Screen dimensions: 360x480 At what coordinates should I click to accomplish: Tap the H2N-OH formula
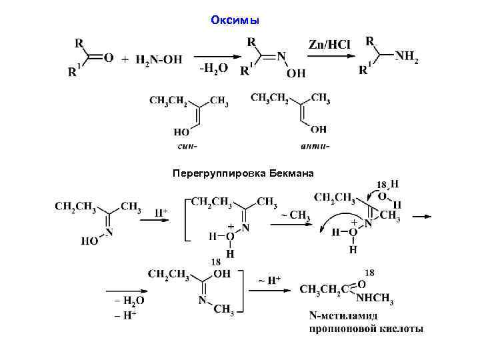coord(158,60)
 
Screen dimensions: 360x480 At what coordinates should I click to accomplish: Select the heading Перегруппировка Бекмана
coord(242,173)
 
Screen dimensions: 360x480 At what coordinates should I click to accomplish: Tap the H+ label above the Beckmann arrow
coord(161,213)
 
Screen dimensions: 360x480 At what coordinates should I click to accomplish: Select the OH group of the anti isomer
coord(319,129)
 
